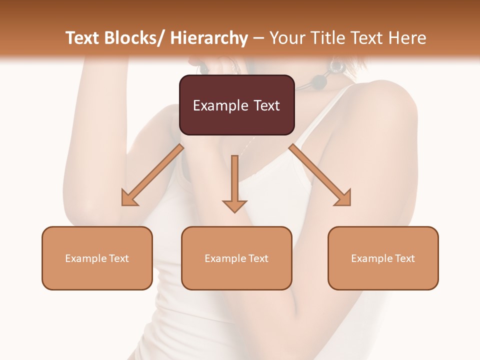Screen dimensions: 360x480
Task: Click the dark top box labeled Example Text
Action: [x=236, y=105]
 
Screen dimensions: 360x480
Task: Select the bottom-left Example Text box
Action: [x=97, y=258]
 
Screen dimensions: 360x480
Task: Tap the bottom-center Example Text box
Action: [x=236, y=258]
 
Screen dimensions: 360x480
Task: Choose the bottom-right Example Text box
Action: [x=383, y=258]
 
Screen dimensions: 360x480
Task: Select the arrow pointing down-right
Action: [x=319, y=174]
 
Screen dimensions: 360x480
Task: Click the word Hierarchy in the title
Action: [x=209, y=38]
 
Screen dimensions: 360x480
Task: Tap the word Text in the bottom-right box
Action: [x=404, y=258]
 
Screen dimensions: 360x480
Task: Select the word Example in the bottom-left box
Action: [x=85, y=258]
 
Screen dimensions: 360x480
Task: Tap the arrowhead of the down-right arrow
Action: [x=344, y=198]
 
